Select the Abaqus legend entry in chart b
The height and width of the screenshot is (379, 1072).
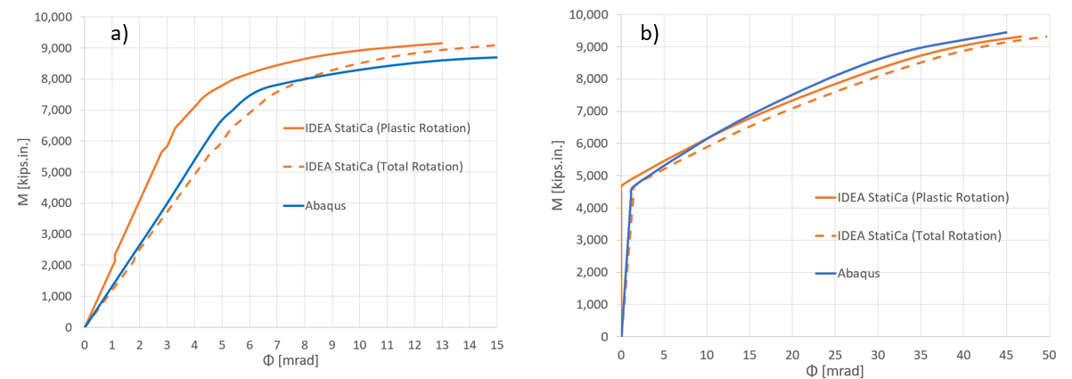coord(859,273)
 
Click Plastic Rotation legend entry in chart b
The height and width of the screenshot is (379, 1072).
coord(922,197)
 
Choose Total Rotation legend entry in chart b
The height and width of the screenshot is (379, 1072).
coord(919,235)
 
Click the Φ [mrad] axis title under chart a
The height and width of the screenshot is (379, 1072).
coord(290,362)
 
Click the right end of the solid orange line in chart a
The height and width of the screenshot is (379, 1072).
coord(442,43)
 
